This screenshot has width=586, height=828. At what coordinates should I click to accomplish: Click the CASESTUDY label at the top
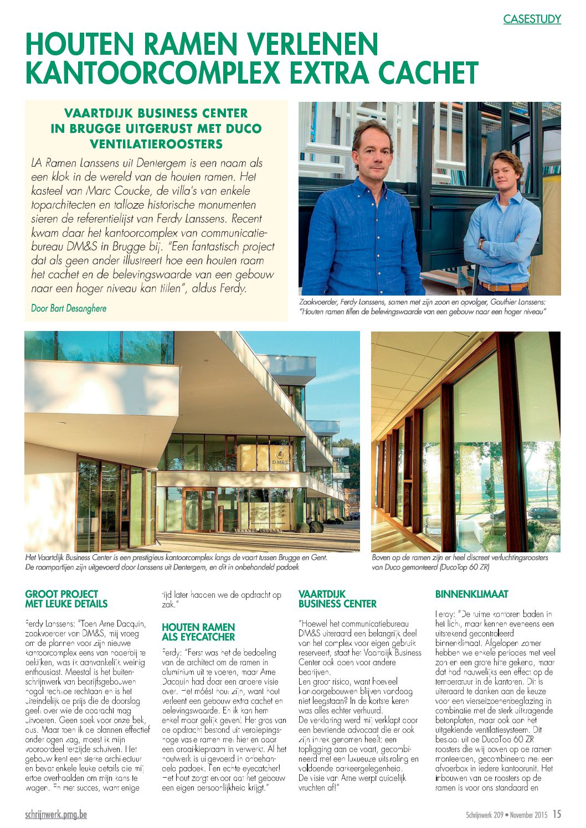[x=532, y=19]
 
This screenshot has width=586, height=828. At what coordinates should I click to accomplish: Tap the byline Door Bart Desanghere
[x=69, y=308]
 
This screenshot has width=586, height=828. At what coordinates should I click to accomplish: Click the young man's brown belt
[x=503, y=286]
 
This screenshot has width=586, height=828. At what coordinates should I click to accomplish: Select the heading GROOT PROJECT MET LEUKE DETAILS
[x=66, y=599]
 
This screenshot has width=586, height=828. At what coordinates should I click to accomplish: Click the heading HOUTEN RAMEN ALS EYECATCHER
[x=198, y=632]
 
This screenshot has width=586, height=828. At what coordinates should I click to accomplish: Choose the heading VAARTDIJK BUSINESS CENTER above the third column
[x=337, y=599]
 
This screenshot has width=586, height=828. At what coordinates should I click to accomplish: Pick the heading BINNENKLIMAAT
[x=471, y=594]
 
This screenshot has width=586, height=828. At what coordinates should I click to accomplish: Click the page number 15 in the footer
[x=556, y=814]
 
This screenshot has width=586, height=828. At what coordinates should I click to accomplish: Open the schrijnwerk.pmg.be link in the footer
[x=56, y=815]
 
